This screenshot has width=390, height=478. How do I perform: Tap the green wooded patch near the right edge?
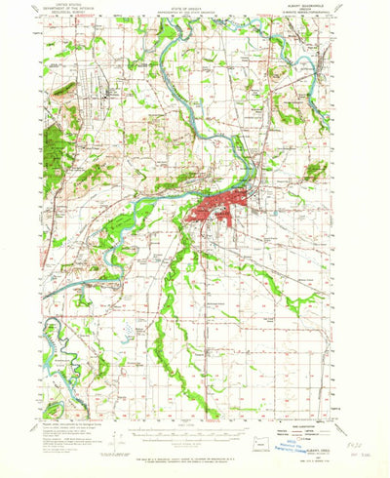tap(315, 172)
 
